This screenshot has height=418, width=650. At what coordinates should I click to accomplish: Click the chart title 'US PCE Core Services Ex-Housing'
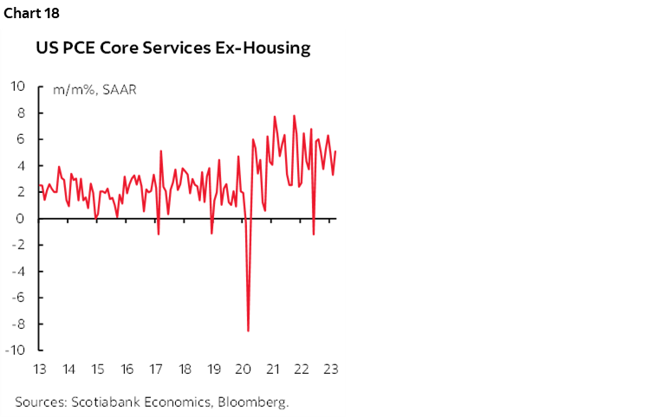(x=172, y=48)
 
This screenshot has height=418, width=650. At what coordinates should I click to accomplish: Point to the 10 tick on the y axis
(x=18, y=87)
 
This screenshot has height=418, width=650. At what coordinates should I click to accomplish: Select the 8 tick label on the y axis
(x=23, y=113)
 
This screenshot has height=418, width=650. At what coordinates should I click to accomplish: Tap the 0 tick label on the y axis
(x=23, y=218)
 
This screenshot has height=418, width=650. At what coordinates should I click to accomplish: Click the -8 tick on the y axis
(x=20, y=324)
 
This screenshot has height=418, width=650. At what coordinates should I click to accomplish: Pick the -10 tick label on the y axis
(x=16, y=350)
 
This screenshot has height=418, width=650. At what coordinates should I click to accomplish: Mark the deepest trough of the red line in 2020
(x=249, y=331)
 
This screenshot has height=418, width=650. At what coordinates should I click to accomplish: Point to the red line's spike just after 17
(x=161, y=151)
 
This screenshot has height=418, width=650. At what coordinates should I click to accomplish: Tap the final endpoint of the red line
(x=335, y=152)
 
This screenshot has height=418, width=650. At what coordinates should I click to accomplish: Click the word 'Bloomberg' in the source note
(x=257, y=402)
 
